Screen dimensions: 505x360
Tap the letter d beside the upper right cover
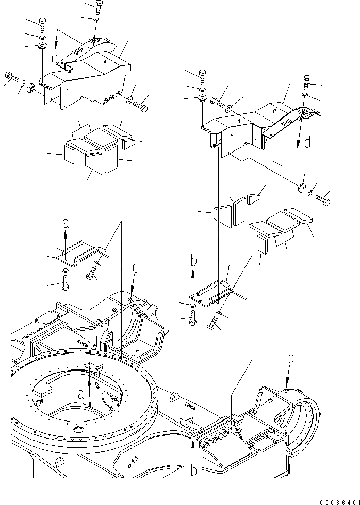[307, 142]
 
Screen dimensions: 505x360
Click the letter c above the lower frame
[136, 267]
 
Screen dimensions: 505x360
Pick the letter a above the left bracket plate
[66, 223]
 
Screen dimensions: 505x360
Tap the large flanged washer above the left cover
[41, 47]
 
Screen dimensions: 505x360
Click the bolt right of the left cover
[141, 107]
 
